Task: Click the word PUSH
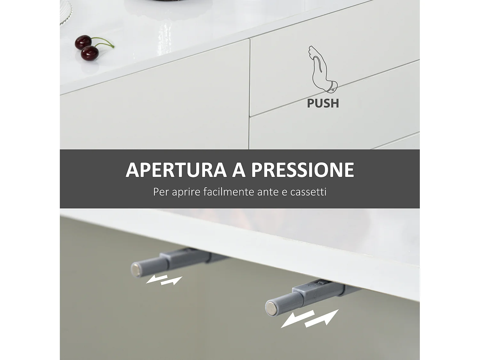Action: tap(323, 103)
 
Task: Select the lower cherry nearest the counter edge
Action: tap(90, 53)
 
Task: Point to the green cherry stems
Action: tap(104, 42)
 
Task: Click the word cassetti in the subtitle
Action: tap(308, 192)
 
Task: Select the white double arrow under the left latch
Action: tap(164, 280)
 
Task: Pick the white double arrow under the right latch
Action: tap(309, 318)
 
